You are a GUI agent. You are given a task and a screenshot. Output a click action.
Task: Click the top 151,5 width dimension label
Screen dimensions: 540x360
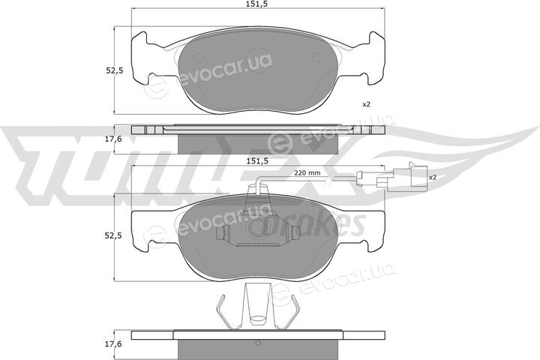(x=258, y=4)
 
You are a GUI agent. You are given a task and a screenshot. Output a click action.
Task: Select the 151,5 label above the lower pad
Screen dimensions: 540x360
(x=258, y=161)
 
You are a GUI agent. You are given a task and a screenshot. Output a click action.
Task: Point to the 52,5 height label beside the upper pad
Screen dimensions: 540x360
(x=115, y=71)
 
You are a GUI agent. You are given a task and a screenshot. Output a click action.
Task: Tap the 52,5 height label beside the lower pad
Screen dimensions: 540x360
(x=115, y=236)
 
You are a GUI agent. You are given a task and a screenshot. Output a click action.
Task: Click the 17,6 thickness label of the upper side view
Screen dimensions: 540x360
(x=115, y=139)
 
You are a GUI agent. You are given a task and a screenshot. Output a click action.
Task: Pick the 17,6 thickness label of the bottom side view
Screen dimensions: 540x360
(x=115, y=343)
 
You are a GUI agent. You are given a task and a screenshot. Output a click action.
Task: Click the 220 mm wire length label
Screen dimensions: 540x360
(x=307, y=173)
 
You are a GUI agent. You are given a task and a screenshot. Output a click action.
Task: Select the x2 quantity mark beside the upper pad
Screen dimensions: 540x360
(x=366, y=104)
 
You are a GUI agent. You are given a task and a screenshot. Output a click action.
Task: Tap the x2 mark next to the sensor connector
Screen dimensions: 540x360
(x=433, y=178)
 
